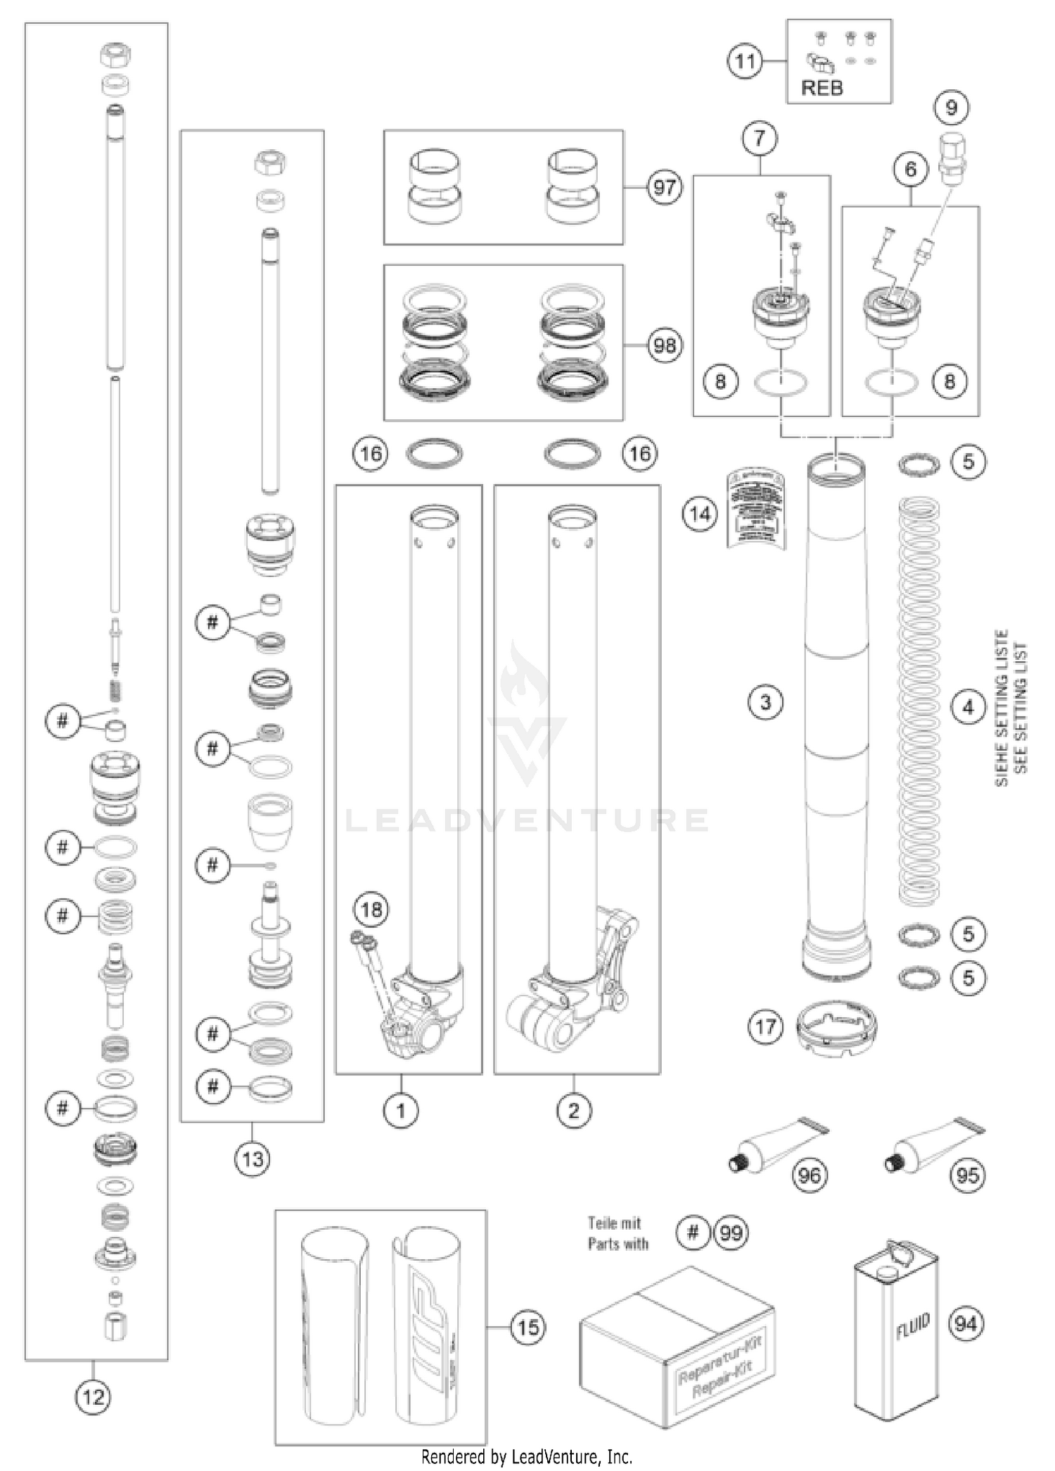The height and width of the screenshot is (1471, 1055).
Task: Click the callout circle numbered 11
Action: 745,62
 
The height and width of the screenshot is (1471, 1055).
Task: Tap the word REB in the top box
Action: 821,89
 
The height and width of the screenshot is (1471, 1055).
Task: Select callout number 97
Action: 665,188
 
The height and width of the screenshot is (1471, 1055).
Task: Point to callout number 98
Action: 665,345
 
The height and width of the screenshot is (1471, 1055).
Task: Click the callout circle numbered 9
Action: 952,108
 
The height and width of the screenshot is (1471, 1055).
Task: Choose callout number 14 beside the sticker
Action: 700,514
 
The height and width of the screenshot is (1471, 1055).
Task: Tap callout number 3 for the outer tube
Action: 765,701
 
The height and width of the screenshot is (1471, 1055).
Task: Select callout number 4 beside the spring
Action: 968,706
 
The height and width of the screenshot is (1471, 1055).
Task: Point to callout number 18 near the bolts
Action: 371,910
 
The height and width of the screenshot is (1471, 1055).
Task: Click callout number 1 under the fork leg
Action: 401,1111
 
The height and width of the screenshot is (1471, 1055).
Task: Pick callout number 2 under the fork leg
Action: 574,1111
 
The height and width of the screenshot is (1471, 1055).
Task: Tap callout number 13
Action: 252,1159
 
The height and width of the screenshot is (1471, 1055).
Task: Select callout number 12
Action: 93,1396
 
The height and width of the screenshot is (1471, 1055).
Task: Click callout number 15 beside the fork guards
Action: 528,1327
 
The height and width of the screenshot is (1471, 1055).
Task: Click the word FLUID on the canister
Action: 913,1325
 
